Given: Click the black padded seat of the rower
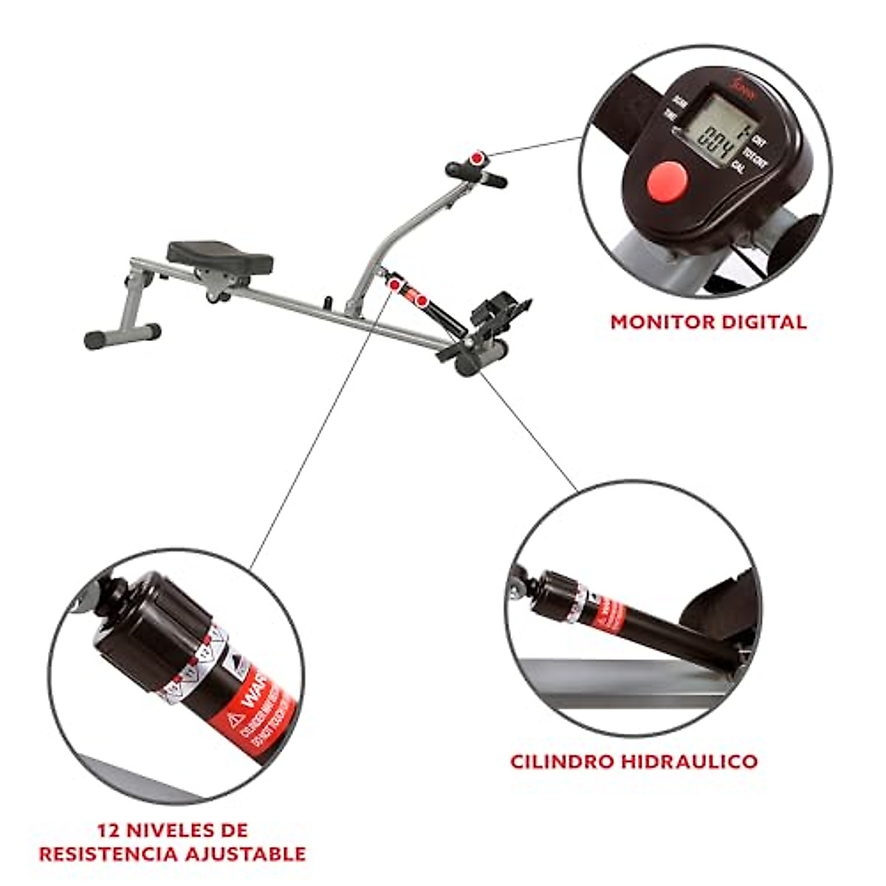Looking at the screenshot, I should point(219,255).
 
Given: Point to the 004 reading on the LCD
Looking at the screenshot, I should point(715,153).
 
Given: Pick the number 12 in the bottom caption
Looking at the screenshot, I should point(110,830).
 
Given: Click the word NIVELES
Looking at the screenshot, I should point(170,830).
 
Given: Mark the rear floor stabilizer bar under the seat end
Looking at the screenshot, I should point(122,336).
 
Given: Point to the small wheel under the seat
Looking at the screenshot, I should point(215,298).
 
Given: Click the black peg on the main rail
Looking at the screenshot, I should point(330,303).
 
